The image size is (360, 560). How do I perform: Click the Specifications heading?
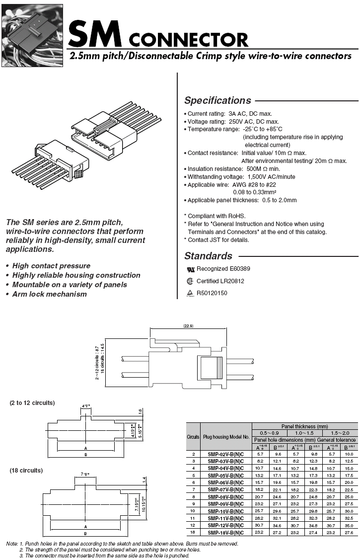click(x=217, y=100)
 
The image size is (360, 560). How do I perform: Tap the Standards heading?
click(x=208, y=256)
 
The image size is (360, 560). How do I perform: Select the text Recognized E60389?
click(x=223, y=269)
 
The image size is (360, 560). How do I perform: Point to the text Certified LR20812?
click(x=220, y=281)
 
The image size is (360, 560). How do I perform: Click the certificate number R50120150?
click(x=212, y=293)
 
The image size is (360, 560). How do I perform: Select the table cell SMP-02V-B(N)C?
click(x=226, y=454)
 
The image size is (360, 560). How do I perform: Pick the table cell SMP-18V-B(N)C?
click(x=226, y=532)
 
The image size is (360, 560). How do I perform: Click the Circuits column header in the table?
click(x=193, y=437)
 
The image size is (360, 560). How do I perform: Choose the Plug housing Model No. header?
click(x=226, y=437)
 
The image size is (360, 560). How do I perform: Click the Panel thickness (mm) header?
click(x=304, y=426)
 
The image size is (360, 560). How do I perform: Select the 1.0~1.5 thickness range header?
click(x=304, y=433)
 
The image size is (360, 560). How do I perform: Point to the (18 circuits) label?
click(x=26, y=470)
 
